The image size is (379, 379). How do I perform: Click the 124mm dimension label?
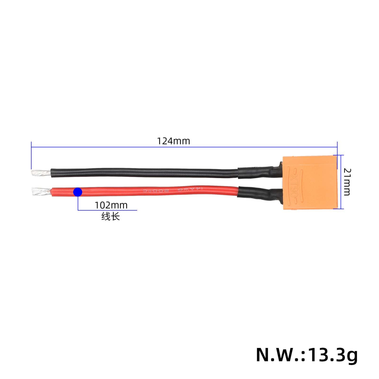coord(174,141)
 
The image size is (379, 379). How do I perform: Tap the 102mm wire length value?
coord(111,205)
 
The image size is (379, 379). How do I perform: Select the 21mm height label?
coord(346,182)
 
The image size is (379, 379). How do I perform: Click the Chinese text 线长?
coord(110,217)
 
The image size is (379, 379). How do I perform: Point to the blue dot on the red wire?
coord(78,192)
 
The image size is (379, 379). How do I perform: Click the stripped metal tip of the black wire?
coord(40,174)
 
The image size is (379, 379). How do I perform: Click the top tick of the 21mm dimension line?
coord(338,155)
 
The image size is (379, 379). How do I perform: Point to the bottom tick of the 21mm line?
coord(338,208)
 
